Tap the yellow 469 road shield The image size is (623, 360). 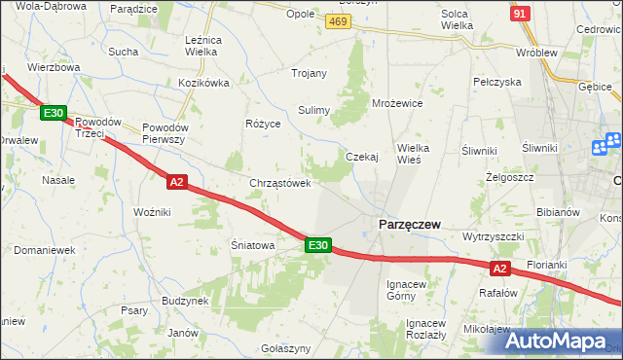coord(338,21)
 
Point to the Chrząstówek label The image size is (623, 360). coord(280,183)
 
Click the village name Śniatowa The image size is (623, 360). coord(252,245)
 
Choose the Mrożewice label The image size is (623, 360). coord(397,102)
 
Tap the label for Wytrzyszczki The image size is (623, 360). coord(494,236)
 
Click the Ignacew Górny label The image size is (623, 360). coord(407,289)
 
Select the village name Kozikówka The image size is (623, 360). coord(203,83)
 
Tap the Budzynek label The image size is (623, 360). coord(186,301)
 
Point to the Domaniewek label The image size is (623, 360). coord(45,250)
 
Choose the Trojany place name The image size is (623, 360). coord(310,73)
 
